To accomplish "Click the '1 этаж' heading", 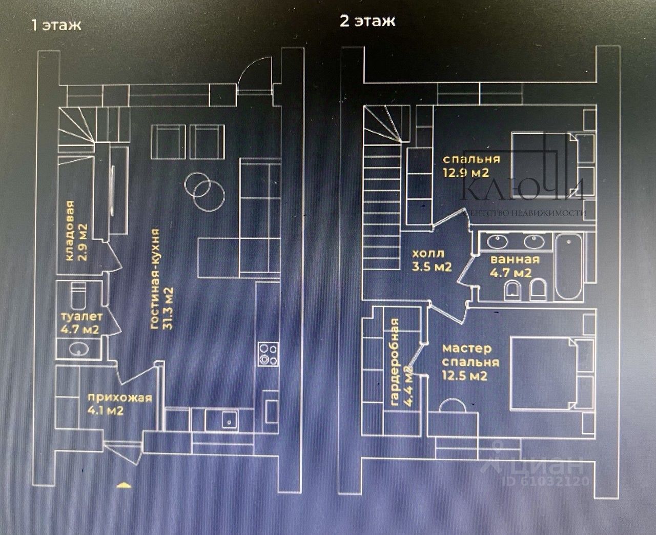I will click(x=56, y=25).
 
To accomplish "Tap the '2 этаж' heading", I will click(x=367, y=21).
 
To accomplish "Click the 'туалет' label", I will click(x=81, y=317).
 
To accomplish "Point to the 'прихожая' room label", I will click(x=119, y=398).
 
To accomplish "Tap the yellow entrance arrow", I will click(x=125, y=485).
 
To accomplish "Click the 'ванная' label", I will click(x=515, y=259).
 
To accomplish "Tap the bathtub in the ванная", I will click(x=568, y=267).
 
